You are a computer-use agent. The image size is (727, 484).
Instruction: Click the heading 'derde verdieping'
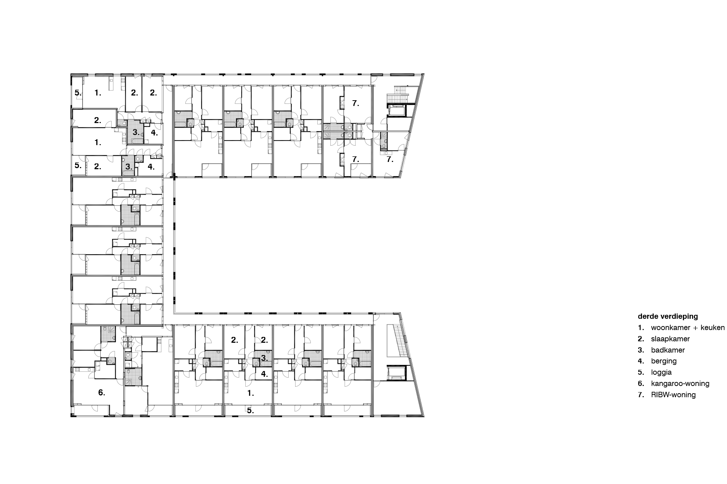tap(668, 316)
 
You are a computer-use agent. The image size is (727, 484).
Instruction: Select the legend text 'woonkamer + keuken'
tap(688, 328)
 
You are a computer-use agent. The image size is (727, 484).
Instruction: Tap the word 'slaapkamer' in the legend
tap(670, 339)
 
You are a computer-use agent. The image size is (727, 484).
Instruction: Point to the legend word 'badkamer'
tap(668, 350)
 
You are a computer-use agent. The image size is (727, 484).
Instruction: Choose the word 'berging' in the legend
tap(664, 361)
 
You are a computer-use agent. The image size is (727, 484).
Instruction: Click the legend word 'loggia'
tap(661, 373)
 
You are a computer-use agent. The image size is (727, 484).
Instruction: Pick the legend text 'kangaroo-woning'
tap(680, 383)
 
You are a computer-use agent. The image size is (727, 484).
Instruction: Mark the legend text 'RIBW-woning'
tap(673, 395)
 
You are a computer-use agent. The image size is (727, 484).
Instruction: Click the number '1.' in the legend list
tap(641, 328)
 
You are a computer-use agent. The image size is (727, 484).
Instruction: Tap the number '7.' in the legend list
tap(641, 395)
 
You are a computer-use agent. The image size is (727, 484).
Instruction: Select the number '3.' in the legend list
tap(641, 350)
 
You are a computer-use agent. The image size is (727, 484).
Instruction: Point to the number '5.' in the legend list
tap(641, 373)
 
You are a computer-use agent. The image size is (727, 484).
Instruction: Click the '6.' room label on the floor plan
tap(102, 393)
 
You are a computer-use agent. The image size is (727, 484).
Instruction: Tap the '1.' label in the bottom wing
tap(250, 393)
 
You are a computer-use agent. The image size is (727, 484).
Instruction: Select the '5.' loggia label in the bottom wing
tap(250, 411)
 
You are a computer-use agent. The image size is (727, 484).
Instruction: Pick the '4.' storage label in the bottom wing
tap(265, 374)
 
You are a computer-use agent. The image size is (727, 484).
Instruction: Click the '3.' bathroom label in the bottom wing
tap(265, 358)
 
